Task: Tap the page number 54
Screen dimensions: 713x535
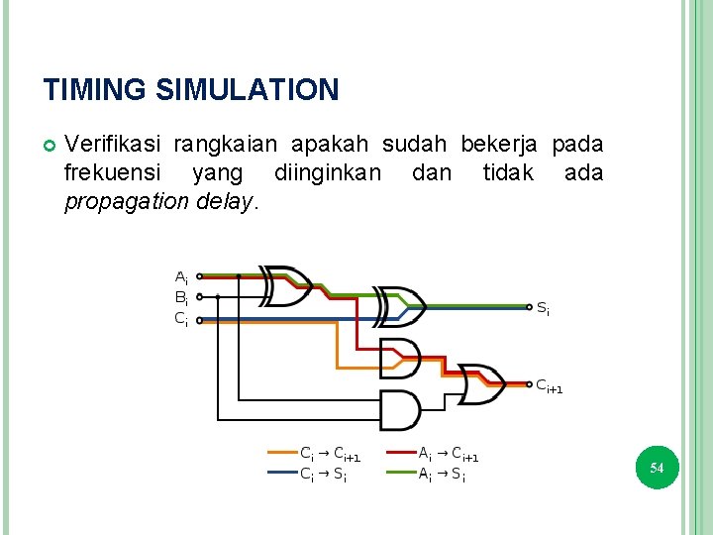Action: [x=657, y=467]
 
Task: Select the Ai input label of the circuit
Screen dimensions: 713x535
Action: [x=182, y=276]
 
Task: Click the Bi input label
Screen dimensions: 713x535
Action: [x=182, y=296]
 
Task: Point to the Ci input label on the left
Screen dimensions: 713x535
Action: [x=182, y=318]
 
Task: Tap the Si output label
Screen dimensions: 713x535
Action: [x=543, y=308]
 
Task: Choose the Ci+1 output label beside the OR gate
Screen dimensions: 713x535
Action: [x=549, y=386]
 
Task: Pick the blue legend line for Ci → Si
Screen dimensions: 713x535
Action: [x=284, y=474]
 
